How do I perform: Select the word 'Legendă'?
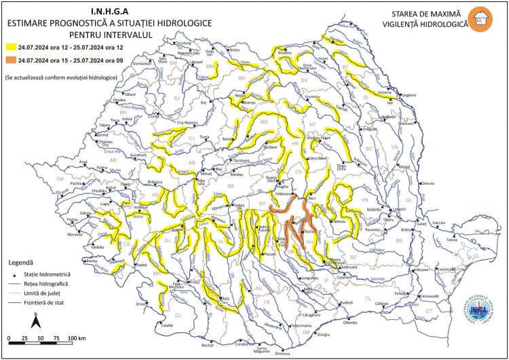tap(22, 262)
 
